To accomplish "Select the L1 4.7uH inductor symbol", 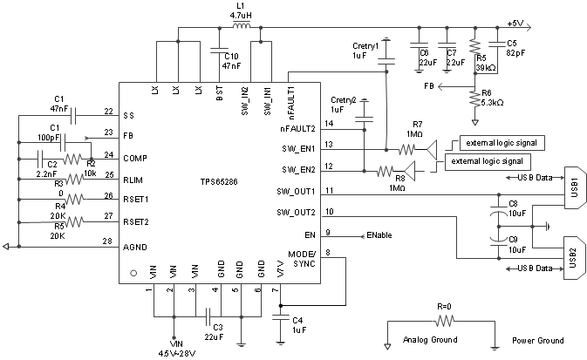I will pos(243,26).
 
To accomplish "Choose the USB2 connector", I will pos(570,255).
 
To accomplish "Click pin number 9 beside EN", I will pos(327,233).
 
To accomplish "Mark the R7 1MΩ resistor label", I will pos(417,129).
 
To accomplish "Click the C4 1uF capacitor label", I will pos(297,325).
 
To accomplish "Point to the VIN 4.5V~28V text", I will pos(174,350).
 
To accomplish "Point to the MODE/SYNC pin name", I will pos(303,258).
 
